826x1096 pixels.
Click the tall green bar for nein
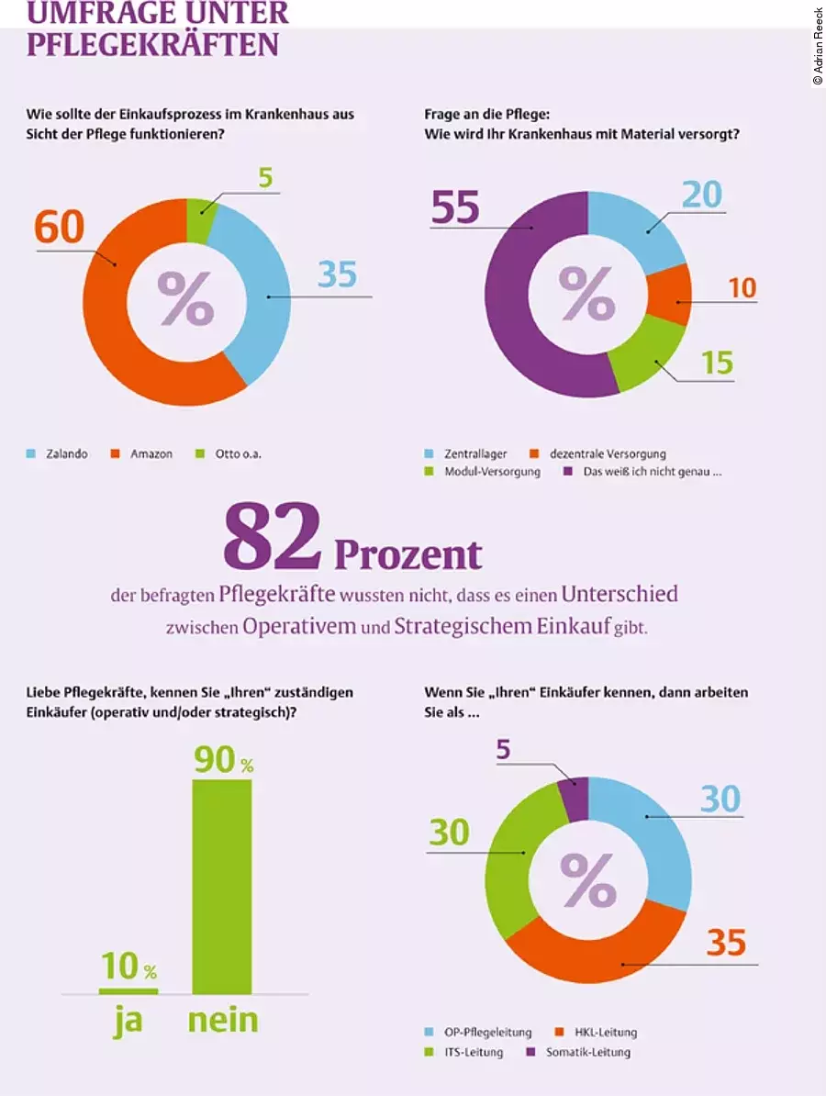[221, 886]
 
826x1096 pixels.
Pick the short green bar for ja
[128, 990]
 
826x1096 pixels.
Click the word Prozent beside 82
[407, 554]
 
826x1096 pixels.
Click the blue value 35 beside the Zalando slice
[337, 274]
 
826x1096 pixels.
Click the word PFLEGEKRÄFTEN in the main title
[152, 44]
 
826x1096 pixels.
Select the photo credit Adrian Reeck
[818, 46]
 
